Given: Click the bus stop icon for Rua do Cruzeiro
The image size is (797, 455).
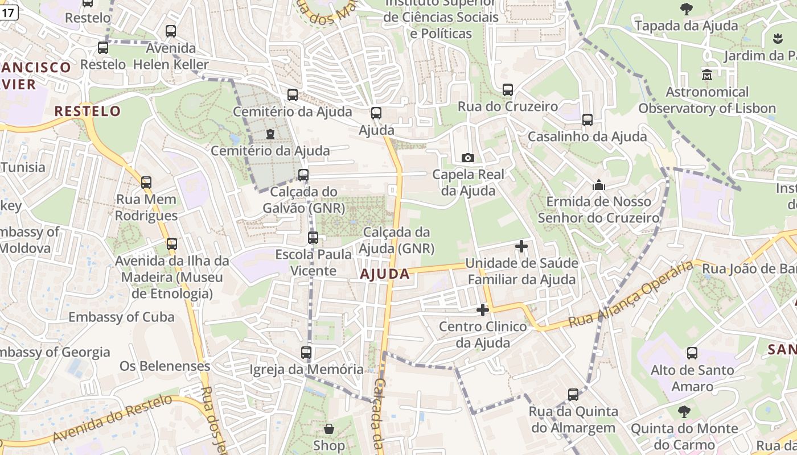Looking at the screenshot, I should click(507, 90).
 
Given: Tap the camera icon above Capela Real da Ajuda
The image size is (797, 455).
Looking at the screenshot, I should click(467, 158).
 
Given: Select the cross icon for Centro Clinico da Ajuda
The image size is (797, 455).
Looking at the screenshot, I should click(482, 310).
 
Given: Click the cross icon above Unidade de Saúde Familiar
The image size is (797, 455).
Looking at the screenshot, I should click(521, 246).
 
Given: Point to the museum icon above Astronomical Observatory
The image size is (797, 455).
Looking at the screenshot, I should click(707, 75).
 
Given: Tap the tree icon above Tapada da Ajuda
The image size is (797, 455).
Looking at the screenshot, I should click(686, 9).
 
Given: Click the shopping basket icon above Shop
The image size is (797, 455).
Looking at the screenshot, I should click(328, 428).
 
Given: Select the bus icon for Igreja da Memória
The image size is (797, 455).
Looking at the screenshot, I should click(306, 353).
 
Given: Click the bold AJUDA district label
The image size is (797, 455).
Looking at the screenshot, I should click(385, 274).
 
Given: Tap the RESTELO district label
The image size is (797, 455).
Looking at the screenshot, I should click(88, 111).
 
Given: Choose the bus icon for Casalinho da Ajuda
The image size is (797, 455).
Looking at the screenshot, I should click(587, 120).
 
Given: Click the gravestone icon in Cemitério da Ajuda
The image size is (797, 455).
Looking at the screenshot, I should click(270, 134).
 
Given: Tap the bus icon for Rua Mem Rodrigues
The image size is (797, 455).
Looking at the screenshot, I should click(146, 183).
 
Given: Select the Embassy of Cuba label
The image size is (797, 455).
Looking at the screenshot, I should click(121, 317).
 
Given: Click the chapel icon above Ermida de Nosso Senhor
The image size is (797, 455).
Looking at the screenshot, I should click(598, 185).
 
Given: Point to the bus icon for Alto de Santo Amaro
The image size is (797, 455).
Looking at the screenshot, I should click(692, 353).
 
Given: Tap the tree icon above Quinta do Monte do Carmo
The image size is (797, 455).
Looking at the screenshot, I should click(684, 411).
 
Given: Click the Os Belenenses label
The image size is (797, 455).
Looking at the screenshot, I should click(165, 366).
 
